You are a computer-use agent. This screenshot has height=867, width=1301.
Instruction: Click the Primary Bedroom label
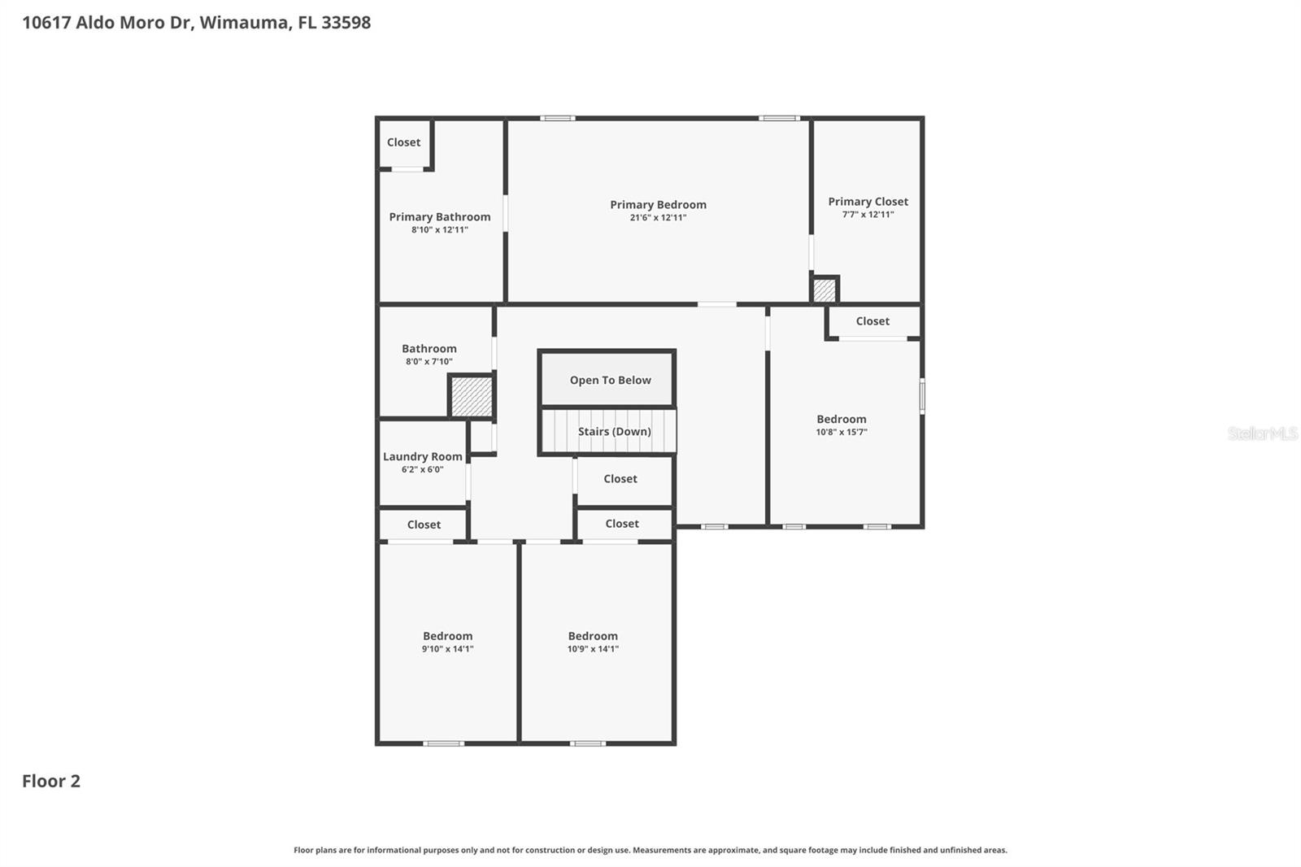658,205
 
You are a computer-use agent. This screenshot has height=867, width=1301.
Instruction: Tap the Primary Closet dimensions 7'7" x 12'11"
868,215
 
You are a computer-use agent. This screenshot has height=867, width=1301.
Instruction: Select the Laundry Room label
422,457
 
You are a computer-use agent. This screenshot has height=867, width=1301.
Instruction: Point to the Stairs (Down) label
614,432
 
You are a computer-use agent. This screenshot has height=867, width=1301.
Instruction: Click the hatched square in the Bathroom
472,397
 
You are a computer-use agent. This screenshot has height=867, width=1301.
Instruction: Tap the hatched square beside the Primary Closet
824,290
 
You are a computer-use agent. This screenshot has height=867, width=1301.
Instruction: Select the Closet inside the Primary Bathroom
403,142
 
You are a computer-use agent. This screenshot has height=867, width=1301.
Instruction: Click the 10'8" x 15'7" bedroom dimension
842,433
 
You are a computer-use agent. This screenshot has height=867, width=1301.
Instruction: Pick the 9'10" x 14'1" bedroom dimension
447,649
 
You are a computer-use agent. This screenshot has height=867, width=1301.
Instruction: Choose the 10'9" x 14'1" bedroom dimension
593,649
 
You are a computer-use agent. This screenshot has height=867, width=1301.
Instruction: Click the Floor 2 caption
50,782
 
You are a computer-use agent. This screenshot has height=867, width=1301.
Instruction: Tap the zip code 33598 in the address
346,23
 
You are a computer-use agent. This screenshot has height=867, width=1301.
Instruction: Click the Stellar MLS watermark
1262,433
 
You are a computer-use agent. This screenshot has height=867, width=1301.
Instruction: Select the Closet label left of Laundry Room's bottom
424,525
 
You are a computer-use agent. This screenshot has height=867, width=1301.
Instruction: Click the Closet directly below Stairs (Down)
620,479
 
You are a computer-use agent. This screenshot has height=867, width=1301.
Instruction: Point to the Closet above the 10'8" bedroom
872,321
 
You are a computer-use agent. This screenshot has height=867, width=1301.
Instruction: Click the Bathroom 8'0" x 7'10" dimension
429,362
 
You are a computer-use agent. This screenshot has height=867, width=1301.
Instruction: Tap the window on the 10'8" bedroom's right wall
922,396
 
